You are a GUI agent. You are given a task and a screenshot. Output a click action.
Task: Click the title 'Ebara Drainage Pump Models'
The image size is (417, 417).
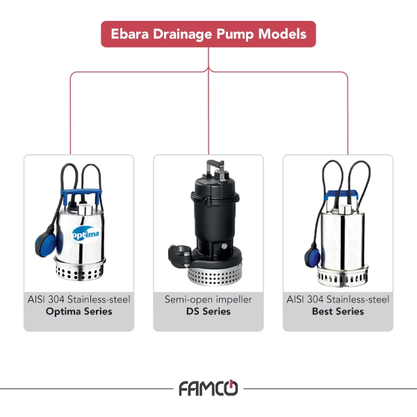tap(208, 34)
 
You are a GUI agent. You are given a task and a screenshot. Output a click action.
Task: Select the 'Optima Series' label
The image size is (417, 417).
tap(79, 311)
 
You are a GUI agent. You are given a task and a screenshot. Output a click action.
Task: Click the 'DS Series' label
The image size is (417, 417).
tap(208, 311)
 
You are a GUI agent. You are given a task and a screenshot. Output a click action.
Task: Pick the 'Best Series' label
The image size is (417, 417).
tap(338, 311)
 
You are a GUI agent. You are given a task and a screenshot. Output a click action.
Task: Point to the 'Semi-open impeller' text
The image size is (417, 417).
tap(208, 300)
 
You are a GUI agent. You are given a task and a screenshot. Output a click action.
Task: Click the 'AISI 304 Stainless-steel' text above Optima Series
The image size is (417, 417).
tap(79, 300)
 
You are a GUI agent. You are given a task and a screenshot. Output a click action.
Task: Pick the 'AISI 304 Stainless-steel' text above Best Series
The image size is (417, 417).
tap(338, 300)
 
